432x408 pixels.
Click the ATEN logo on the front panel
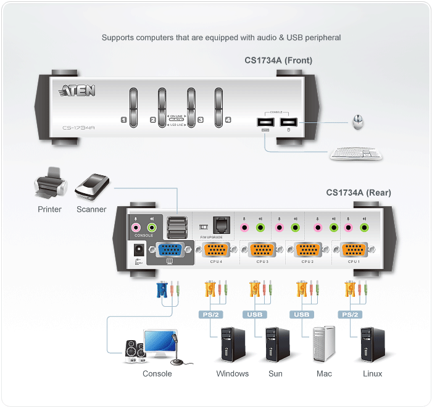coord(77,91)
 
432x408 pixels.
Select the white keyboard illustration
coord(355,152)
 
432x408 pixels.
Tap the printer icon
coord(49,183)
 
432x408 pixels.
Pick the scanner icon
coord(92,186)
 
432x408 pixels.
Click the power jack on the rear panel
coord(139,249)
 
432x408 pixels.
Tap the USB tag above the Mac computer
coord(301,315)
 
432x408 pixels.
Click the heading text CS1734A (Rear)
coord(358,193)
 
